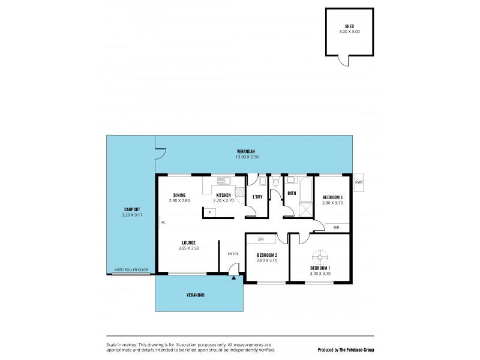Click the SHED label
coord(349,26)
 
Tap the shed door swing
coord(343,60)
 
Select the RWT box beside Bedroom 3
coord(359,182)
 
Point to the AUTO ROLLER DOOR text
coord(131,270)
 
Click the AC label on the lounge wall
coord(163,222)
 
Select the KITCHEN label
coord(224,195)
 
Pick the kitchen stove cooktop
coord(240,192)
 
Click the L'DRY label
coord(257,196)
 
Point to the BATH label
coord(292,193)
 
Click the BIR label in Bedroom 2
coord(262,239)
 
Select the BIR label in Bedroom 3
coord(336,227)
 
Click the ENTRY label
coord(233,253)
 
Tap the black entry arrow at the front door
coord(233,276)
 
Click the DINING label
coord(179,195)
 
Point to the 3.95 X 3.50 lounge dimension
coord(188,248)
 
